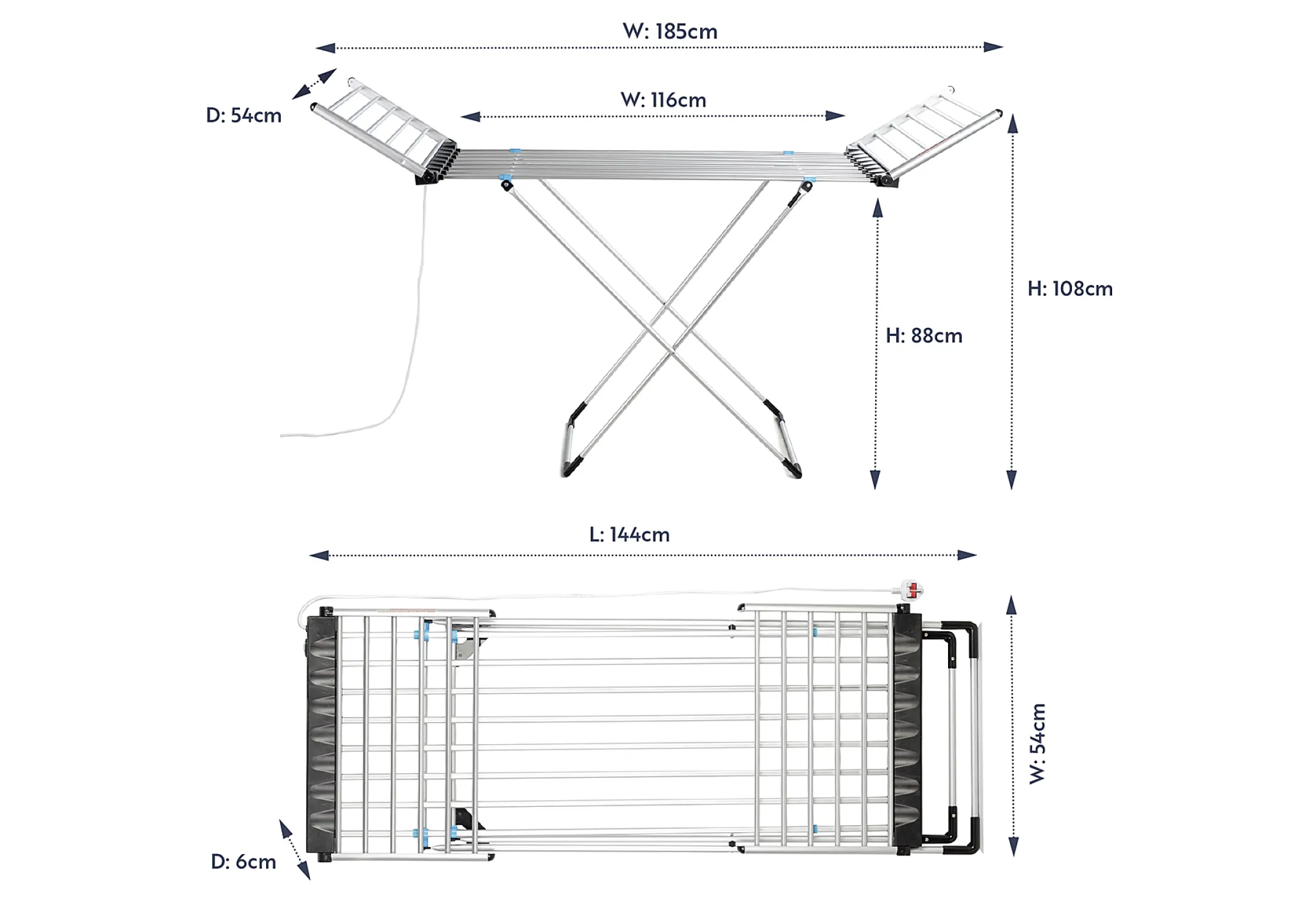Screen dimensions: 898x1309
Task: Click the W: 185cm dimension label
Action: (x=670, y=31)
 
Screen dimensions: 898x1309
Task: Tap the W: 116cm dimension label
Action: (x=663, y=100)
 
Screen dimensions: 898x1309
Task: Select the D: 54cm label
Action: (x=244, y=115)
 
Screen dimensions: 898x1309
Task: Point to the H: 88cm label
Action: (x=924, y=335)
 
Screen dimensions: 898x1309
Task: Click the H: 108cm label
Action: (x=1070, y=289)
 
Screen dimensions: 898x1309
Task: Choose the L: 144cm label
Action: (x=630, y=535)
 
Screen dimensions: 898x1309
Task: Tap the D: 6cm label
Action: (x=243, y=862)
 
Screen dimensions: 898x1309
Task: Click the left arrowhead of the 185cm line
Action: (x=325, y=48)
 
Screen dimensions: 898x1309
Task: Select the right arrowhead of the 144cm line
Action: (x=967, y=555)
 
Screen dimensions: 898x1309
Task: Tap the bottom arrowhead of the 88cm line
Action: (x=875, y=480)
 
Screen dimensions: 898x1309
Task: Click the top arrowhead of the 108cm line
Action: (x=1012, y=125)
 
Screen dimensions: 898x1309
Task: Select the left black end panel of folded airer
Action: (x=321, y=735)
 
